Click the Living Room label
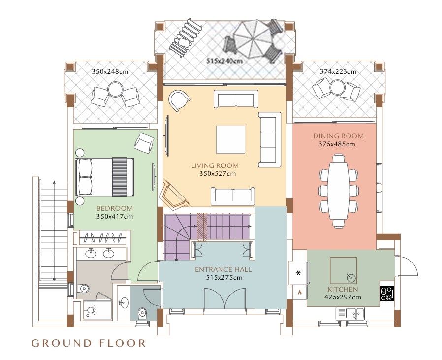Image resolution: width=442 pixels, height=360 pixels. [x=215, y=165]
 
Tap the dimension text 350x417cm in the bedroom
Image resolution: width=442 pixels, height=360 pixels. [x=115, y=217]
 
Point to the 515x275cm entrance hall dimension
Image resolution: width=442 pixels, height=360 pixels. [x=224, y=278]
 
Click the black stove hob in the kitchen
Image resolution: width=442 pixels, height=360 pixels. [x=387, y=294]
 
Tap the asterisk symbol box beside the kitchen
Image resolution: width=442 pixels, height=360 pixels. [x=299, y=273]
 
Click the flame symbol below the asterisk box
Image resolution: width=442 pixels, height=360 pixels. [x=300, y=292]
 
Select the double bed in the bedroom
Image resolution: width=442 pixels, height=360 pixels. [x=104, y=177]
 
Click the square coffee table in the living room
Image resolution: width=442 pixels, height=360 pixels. [x=230, y=140]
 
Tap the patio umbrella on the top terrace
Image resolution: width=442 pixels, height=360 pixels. [x=253, y=40]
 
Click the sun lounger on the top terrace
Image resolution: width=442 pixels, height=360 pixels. [x=185, y=38]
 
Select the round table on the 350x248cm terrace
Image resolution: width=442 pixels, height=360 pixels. [x=115, y=89]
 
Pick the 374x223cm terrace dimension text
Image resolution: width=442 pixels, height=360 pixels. [x=338, y=72]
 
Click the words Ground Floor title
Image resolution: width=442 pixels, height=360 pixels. [x=88, y=343]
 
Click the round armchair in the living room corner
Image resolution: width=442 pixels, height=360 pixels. [x=179, y=100]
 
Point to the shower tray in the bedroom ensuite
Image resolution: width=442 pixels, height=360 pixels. [x=97, y=310]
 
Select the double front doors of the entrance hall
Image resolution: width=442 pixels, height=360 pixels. [x=225, y=298]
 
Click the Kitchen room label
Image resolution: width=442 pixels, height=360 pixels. [x=343, y=289]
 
